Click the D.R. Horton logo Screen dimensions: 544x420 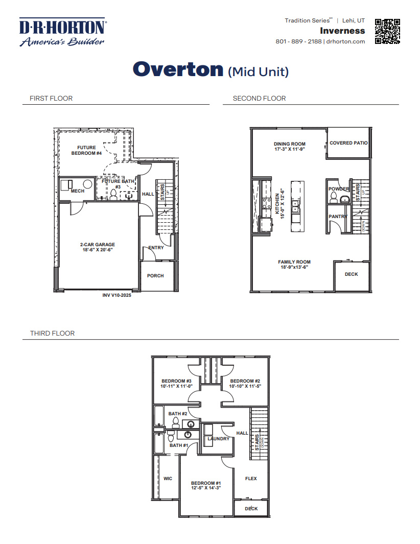(x=62, y=32)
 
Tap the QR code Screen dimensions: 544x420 (x=387, y=32)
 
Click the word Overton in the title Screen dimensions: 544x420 (x=178, y=69)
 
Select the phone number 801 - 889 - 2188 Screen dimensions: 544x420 (x=298, y=41)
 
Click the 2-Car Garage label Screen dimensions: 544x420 (x=97, y=244)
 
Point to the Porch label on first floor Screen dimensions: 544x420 (x=155, y=276)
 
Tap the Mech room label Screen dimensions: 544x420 (x=77, y=191)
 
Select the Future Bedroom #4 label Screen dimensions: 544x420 (x=86, y=150)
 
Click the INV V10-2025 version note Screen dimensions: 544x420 (x=117, y=295)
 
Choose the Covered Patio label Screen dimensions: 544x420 (x=348, y=143)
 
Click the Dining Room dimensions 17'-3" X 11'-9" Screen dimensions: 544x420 (x=289, y=150)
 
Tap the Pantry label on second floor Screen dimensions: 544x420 (x=338, y=217)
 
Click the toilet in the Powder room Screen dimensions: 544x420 (x=334, y=198)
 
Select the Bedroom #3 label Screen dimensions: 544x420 (x=176, y=381)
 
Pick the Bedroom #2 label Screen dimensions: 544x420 (x=245, y=381)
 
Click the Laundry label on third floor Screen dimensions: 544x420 (x=218, y=439)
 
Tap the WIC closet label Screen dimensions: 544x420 (x=168, y=479)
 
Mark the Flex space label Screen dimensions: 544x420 (x=251, y=479)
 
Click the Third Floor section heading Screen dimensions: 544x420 (x=52, y=333)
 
